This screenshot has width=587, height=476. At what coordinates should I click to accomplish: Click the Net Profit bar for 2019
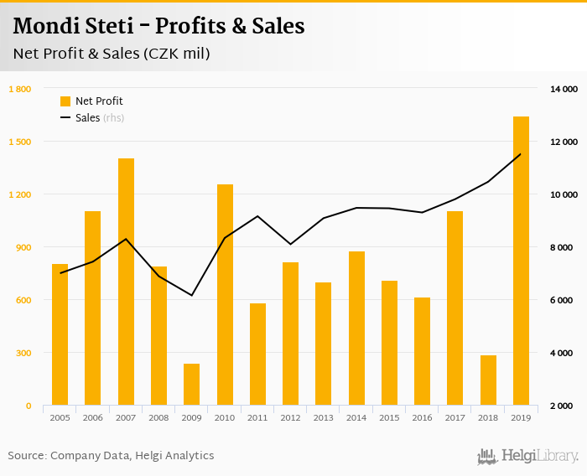(521, 261)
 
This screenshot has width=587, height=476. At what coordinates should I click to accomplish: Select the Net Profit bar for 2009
(192, 385)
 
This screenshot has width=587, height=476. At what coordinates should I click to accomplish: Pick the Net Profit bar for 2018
(488, 380)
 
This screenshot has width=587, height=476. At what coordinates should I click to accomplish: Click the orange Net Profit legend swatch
(65, 101)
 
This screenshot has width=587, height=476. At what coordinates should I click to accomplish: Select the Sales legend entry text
(88, 118)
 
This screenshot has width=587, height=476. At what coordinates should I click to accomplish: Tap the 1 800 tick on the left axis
(19, 89)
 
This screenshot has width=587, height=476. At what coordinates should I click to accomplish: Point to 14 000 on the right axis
(563, 89)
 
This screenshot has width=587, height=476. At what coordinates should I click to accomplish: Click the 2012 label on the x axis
(290, 416)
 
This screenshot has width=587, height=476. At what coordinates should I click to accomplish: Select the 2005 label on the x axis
(60, 416)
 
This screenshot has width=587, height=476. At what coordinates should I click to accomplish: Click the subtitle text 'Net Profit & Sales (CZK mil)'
(112, 54)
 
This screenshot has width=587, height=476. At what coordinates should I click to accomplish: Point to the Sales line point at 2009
(192, 295)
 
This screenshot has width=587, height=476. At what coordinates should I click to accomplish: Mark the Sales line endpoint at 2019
(521, 154)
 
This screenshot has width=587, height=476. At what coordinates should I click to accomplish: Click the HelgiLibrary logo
(528, 456)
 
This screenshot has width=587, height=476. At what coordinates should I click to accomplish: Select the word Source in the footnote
(26, 456)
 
